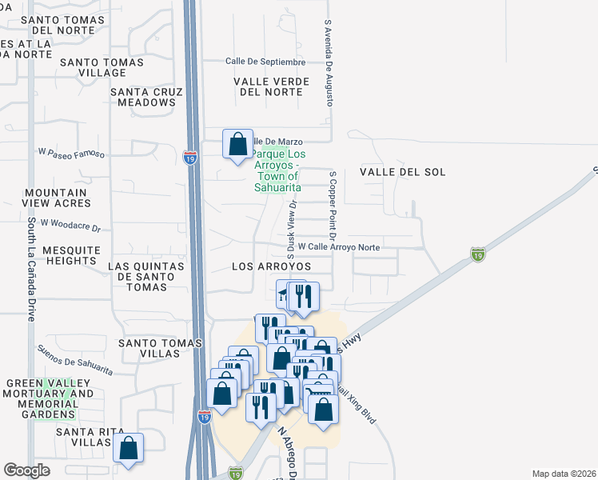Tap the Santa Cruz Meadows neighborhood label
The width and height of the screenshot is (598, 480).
pyautogui.click(x=143, y=97)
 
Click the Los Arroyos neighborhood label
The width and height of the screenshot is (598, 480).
pyautogui.click(x=271, y=266)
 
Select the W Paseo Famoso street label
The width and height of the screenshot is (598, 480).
pyautogui.click(x=71, y=151)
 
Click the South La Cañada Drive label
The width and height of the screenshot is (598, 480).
pyautogui.click(x=31, y=269)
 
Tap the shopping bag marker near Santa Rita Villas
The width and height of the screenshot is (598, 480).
pyautogui.click(x=128, y=449)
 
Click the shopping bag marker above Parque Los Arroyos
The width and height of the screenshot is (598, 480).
pyautogui.click(x=237, y=145)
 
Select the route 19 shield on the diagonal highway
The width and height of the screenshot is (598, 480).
pyautogui.click(x=476, y=254)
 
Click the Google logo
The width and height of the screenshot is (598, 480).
pyautogui.click(x=26, y=470)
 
